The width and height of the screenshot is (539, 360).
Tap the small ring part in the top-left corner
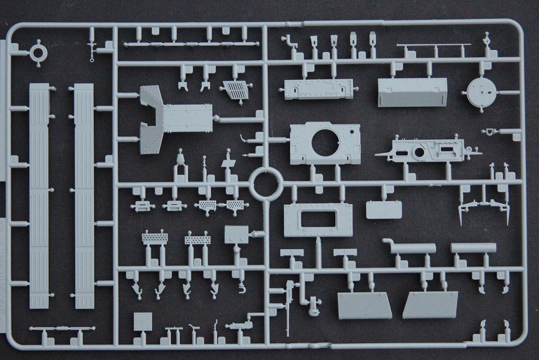pyautogui.click(x=38, y=53)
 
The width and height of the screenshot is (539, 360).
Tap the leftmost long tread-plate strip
pyautogui.click(x=39, y=195)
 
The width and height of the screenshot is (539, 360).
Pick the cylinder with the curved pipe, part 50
pyautogui.click(x=412, y=248)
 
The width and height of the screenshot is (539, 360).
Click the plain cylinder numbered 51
pyautogui.click(x=470, y=248)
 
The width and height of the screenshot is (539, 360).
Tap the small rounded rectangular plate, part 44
pyautogui.click(x=384, y=210)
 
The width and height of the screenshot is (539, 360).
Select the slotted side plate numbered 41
pyautogui.click(x=421, y=150)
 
